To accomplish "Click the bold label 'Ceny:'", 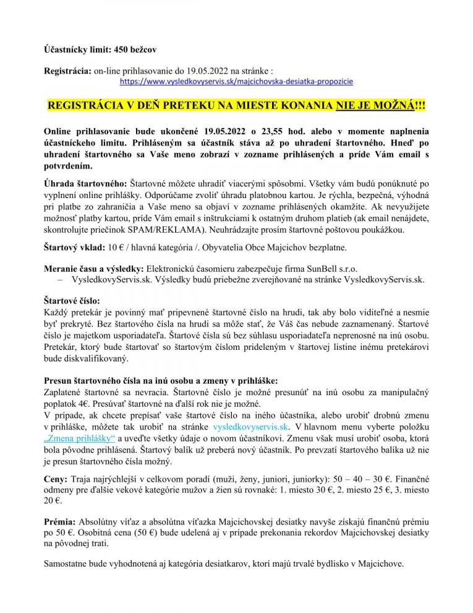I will click(x=57, y=479).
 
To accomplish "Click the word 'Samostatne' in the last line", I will click(x=67, y=564).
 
